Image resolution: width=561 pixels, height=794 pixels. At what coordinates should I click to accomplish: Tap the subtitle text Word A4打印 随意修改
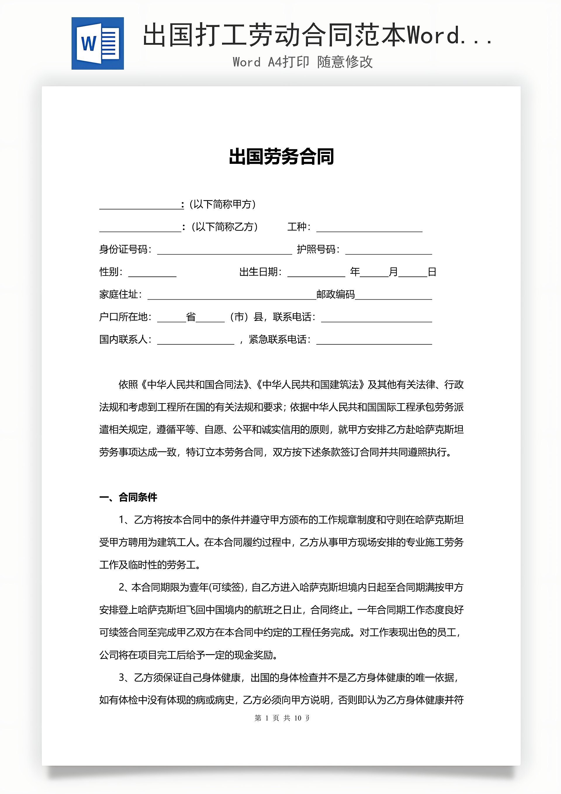(x=303, y=62)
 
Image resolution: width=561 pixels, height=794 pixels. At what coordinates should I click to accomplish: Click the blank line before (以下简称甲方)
(x=140, y=205)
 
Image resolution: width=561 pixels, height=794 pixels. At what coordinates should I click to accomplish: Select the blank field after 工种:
(x=369, y=228)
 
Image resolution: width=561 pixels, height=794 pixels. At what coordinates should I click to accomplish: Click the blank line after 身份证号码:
(x=224, y=250)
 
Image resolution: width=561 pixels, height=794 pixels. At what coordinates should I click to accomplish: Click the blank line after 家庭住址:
(x=231, y=295)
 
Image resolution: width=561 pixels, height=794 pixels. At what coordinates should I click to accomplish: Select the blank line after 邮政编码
(x=393, y=295)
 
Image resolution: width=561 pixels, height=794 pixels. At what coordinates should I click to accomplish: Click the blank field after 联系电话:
(x=376, y=318)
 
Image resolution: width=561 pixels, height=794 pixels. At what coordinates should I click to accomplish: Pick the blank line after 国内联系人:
(x=195, y=340)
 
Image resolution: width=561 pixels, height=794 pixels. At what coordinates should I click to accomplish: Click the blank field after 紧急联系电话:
(x=374, y=340)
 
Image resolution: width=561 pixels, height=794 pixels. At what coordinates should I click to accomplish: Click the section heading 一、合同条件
(x=128, y=497)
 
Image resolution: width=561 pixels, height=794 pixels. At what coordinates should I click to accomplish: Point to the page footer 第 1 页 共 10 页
(x=282, y=718)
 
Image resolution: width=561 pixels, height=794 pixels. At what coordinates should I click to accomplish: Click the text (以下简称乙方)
(x=224, y=227)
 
